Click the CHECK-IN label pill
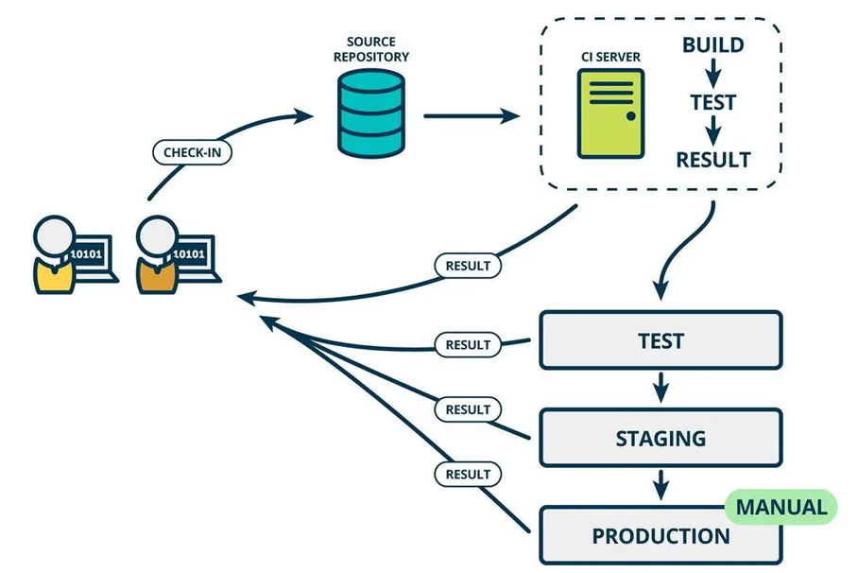(x=192, y=152)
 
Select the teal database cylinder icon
(x=371, y=113)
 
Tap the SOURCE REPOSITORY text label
(x=371, y=49)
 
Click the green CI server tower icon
(x=610, y=114)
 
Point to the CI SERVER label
(x=610, y=57)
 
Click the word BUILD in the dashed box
(x=713, y=45)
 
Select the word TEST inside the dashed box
(x=713, y=102)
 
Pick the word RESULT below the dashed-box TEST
(x=713, y=160)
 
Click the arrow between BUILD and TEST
(x=712, y=74)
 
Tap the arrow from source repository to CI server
(x=472, y=115)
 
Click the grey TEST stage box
(x=661, y=340)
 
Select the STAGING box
(x=661, y=438)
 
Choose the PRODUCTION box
(x=661, y=535)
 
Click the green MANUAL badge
(x=781, y=507)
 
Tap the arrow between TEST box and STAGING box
(x=661, y=388)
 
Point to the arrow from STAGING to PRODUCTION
(x=661, y=485)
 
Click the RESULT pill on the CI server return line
(x=468, y=266)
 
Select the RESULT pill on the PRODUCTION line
(x=468, y=474)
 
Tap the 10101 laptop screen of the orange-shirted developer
(x=189, y=253)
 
